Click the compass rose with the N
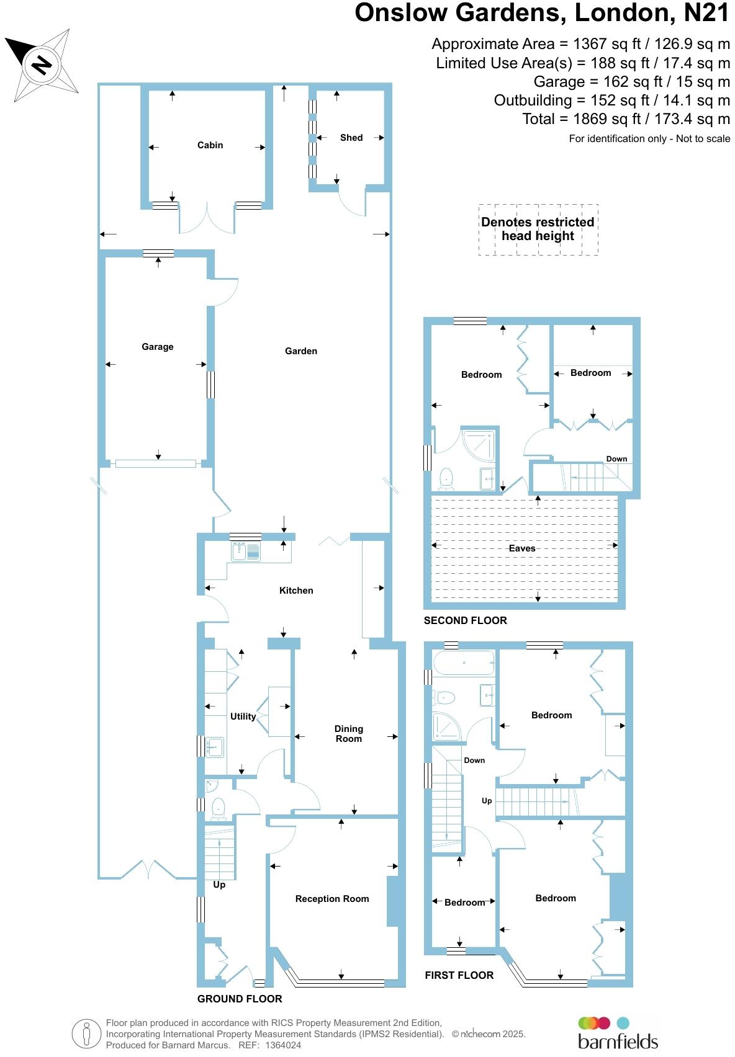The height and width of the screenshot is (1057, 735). coord(42,64)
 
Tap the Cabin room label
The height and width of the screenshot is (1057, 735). coord(210,145)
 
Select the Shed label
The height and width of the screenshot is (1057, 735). coord(351,138)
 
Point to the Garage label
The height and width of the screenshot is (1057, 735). coord(157,347)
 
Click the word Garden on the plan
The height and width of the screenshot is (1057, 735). coord(300,351)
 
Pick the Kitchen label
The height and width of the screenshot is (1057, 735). coord(296,591)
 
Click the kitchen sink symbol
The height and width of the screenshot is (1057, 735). coord(246,551)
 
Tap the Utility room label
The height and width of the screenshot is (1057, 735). coord(243,716)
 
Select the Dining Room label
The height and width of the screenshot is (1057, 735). coord(348,734)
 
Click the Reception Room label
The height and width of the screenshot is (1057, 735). coord(331,899)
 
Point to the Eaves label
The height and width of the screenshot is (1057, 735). coord(521,548)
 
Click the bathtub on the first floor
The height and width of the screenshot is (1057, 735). coord(464,663)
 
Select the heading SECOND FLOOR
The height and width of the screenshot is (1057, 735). coord(465,620)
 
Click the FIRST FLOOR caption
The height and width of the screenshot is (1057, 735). coord(459,975)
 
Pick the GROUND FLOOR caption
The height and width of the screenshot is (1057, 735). coord(240,999)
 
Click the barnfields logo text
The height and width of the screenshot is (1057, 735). coord(618,1041)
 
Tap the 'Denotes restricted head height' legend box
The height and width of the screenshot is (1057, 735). coord(538,229)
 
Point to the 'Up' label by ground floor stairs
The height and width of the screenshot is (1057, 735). coord(219,885)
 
